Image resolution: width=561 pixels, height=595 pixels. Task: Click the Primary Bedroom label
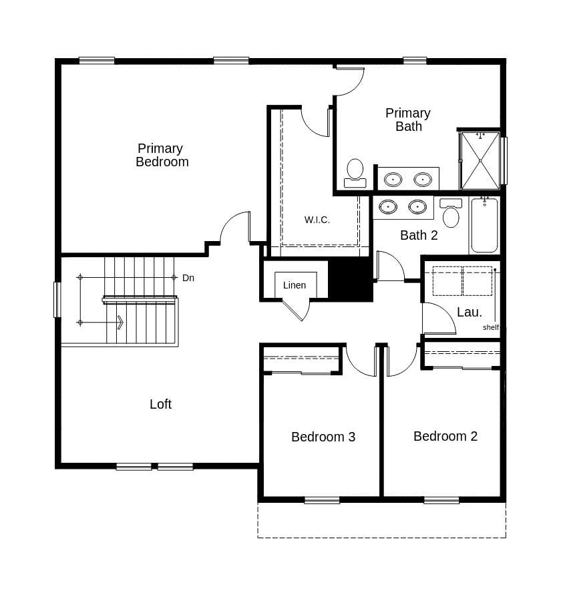162,155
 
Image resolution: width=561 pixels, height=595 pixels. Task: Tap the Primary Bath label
408,120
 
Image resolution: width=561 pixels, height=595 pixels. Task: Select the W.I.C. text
317,220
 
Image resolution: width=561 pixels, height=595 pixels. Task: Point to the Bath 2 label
419,235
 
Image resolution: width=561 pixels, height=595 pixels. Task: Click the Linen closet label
295,285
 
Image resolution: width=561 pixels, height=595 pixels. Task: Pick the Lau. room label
470,312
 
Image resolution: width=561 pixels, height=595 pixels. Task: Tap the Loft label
160,404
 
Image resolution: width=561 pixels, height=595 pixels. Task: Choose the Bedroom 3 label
323,437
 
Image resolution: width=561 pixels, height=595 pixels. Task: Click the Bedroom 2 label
445,436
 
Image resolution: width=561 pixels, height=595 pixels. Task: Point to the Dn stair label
188,278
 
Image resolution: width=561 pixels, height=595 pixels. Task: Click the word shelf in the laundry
491,327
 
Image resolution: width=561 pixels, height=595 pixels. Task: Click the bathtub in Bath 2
484,225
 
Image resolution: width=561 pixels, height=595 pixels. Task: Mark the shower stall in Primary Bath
480,160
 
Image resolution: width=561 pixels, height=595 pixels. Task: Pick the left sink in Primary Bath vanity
393,179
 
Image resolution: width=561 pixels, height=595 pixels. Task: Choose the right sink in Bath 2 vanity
417,206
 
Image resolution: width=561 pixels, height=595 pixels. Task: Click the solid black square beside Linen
351,279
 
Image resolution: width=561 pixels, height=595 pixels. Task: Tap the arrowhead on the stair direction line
120,323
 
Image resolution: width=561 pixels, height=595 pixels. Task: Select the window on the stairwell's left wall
57,300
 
